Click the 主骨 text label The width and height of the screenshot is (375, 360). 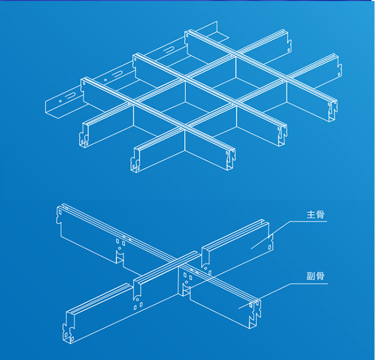(x=316, y=215)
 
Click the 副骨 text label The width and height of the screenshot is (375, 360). (x=316, y=276)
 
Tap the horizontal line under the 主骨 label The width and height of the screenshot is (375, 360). (x=309, y=221)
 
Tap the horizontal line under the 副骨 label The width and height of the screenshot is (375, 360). (x=309, y=284)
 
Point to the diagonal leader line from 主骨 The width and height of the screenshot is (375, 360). (x=271, y=235)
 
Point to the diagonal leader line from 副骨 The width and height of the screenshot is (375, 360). (x=265, y=296)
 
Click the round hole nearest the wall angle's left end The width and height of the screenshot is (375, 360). (x=60, y=101)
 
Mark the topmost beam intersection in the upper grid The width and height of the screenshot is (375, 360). (x=235, y=56)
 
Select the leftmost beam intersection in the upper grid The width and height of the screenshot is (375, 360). (x=133, y=103)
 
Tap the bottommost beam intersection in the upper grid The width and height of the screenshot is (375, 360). (x=184, y=129)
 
